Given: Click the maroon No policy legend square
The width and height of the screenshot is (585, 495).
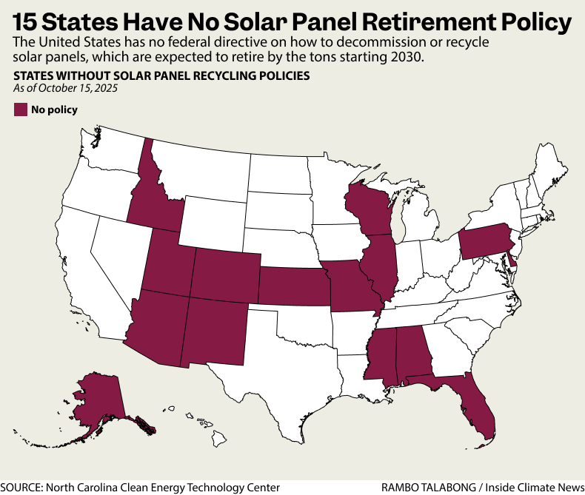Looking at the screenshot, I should pos(20,110).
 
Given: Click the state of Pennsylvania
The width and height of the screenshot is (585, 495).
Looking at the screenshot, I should pos(484,240).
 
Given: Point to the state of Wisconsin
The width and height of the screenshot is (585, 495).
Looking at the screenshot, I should pos(368,210).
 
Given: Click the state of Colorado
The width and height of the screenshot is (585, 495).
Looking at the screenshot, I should pos(225,275).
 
